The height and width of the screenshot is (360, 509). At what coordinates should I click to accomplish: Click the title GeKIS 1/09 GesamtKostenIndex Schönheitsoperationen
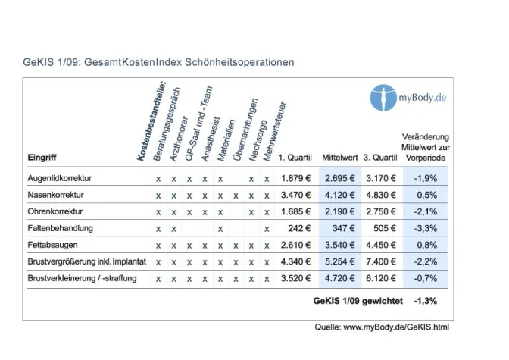160,61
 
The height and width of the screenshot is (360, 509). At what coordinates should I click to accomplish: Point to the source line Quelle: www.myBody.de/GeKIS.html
383,327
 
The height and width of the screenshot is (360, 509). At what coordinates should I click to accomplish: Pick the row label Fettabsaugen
52,246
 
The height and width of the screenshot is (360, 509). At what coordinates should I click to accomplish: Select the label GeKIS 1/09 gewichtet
357,301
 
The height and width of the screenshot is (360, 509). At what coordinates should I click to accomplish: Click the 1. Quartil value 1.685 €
295,212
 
